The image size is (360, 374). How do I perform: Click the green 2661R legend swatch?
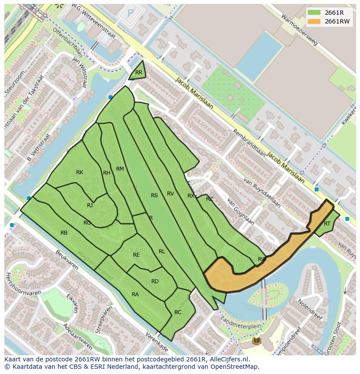(x=313, y=13)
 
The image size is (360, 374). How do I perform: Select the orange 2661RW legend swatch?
(x=313, y=21)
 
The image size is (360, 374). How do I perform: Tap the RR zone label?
(x=139, y=73)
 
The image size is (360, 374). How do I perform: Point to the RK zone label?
(x=80, y=172)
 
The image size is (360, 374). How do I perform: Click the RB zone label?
(x=64, y=233)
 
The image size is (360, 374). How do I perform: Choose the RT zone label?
(x=327, y=224)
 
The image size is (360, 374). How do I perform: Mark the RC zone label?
(x=178, y=312)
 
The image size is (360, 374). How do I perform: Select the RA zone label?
(x=135, y=295)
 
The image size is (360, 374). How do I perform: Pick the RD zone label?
(x=155, y=281)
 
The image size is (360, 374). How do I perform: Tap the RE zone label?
(x=137, y=255)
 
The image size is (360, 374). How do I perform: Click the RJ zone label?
(x=90, y=205)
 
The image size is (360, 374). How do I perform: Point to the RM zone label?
(x=120, y=169)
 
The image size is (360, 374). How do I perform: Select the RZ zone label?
(x=210, y=199)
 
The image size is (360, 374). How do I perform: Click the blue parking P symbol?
(x=130, y=13)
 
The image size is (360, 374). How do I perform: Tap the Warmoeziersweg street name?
(x=300, y=30)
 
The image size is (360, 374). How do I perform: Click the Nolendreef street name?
(x=309, y=309)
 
